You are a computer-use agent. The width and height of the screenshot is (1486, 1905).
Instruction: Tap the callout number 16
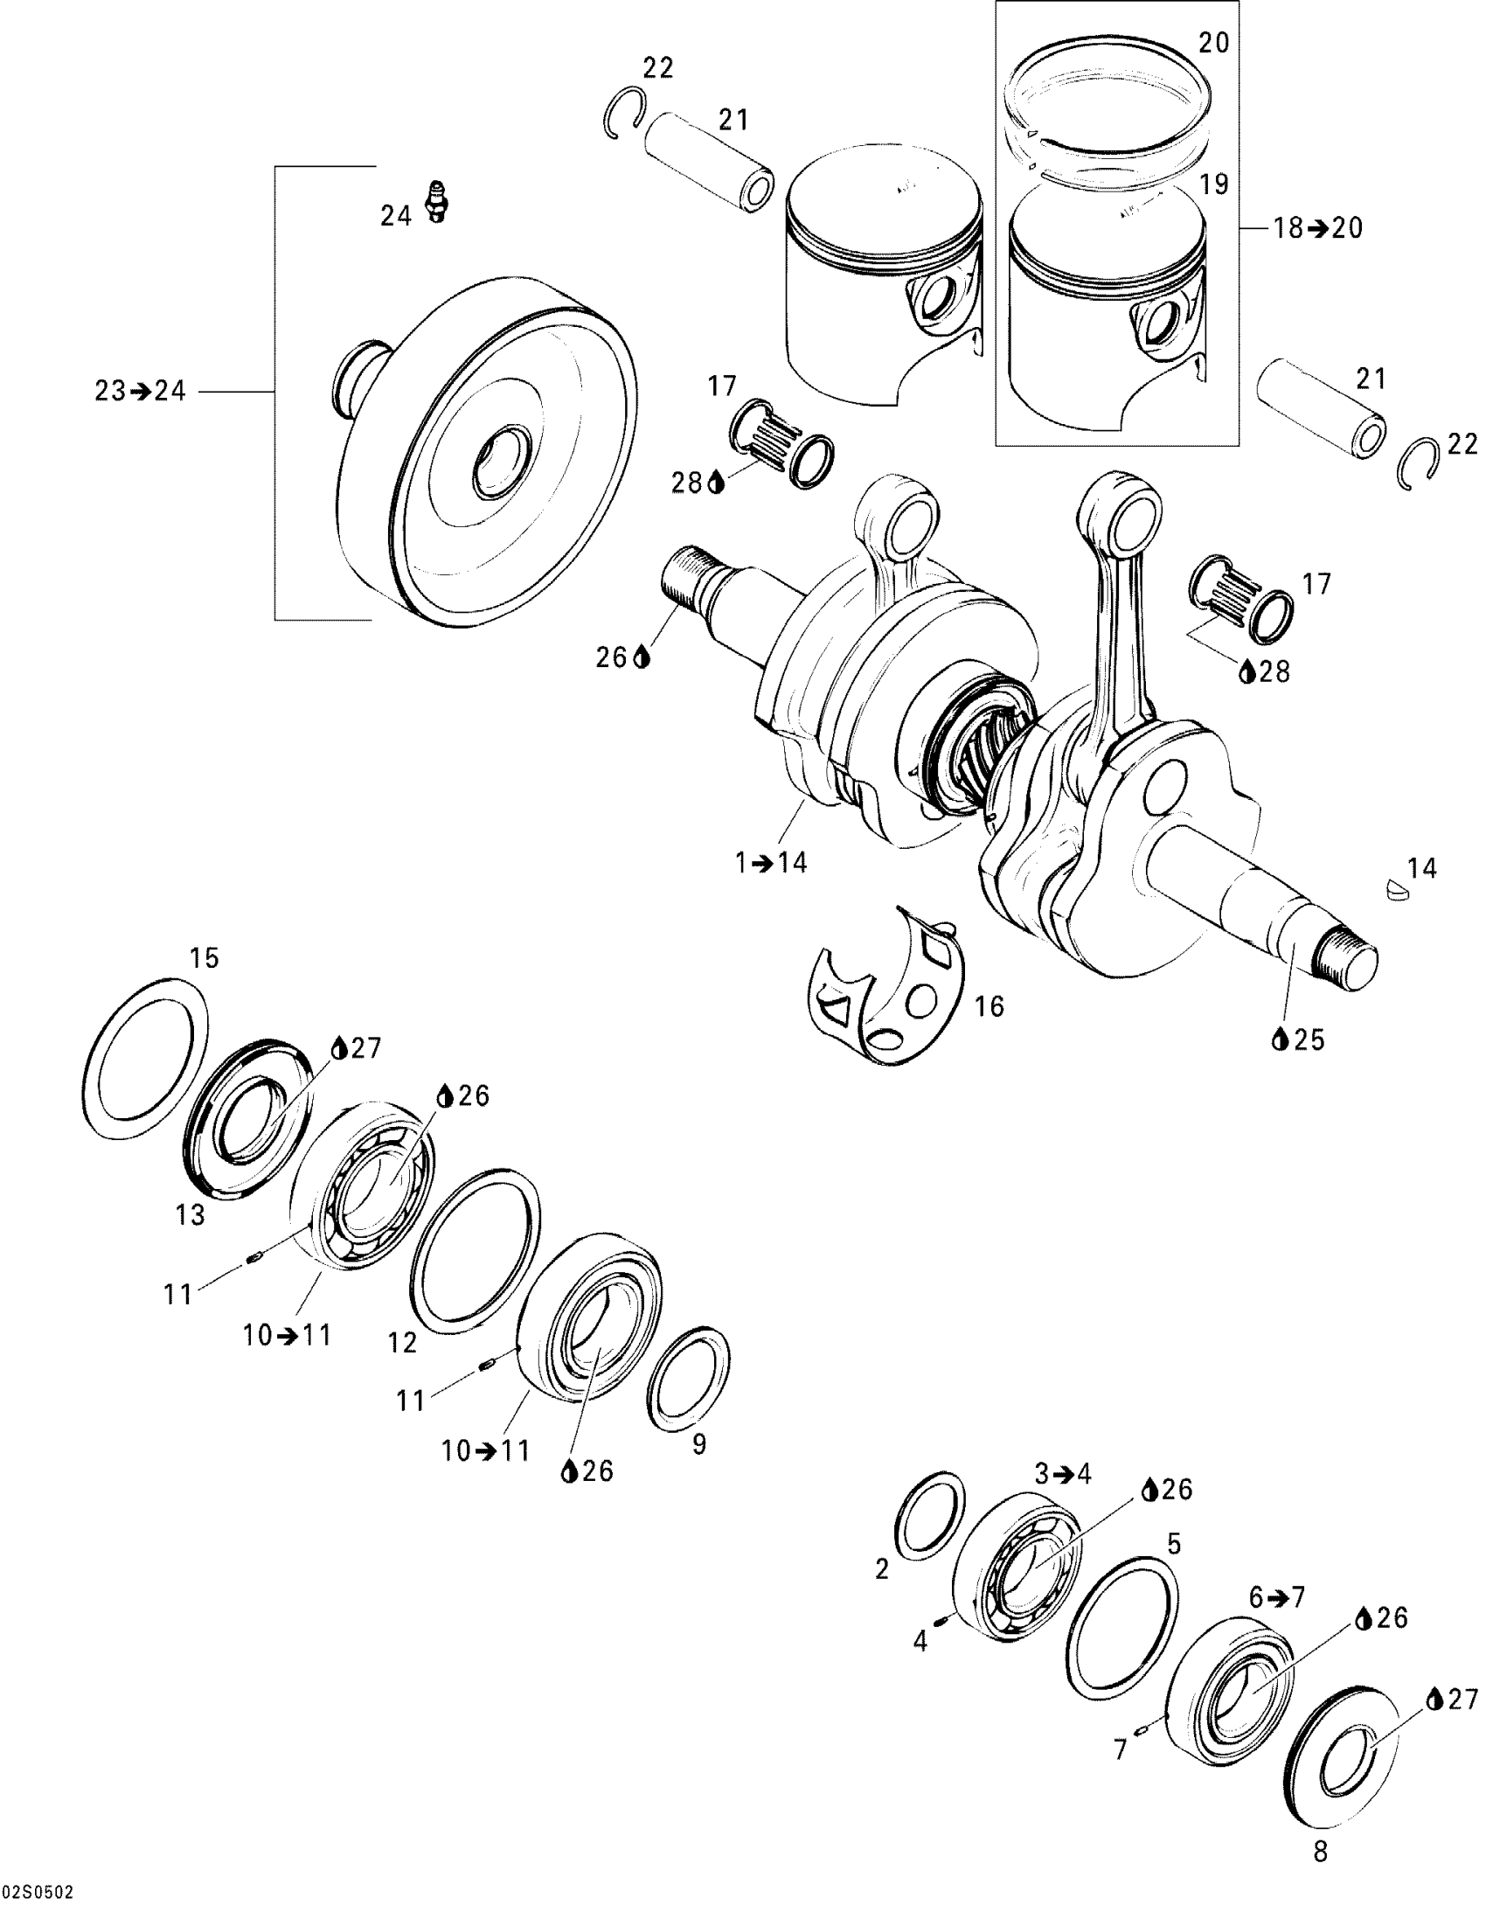point(990,1006)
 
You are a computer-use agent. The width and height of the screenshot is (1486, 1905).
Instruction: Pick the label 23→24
point(140,391)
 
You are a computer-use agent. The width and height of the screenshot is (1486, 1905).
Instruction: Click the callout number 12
point(403,1343)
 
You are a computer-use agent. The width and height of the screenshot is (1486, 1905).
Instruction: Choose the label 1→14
point(770,862)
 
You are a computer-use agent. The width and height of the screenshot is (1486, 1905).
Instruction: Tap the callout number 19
point(1213,184)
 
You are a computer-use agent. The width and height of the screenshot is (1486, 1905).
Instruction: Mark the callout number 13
point(190,1214)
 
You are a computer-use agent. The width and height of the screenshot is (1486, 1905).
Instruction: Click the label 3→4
point(1063,1474)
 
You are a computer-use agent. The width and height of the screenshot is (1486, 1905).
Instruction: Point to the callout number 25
point(1309,1039)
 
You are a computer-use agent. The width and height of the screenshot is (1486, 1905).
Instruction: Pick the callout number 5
point(1173,1544)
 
